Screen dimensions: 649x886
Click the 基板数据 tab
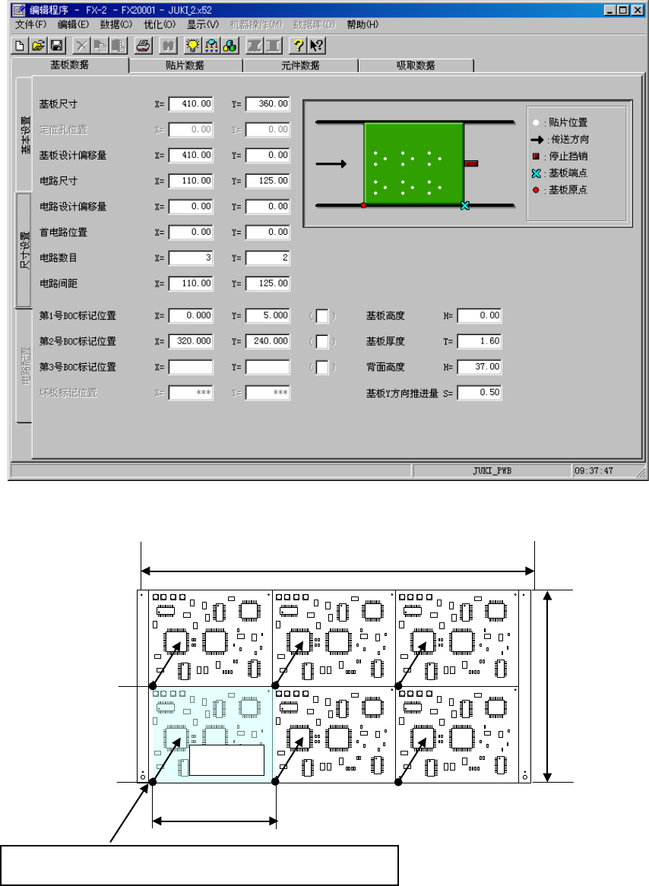(69, 65)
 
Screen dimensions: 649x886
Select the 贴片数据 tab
(185, 65)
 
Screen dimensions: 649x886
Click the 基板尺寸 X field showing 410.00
(191, 103)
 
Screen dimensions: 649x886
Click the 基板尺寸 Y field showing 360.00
(268, 103)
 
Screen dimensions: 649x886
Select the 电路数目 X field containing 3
(191, 258)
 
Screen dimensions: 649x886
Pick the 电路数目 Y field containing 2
(268, 258)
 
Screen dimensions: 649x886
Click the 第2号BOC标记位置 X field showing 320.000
(191, 341)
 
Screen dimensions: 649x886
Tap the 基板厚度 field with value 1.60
(479, 341)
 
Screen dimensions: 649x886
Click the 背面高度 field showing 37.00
(479, 367)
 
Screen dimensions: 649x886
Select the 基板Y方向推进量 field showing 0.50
(479, 393)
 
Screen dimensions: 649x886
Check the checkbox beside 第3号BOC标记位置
(322, 367)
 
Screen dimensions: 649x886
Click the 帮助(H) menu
(362, 24)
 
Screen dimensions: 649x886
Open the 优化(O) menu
(160, 24)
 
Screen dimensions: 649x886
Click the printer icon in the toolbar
(142, 45)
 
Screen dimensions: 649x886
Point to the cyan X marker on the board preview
(465, 205)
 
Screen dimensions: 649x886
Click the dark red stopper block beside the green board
(471, 163)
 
